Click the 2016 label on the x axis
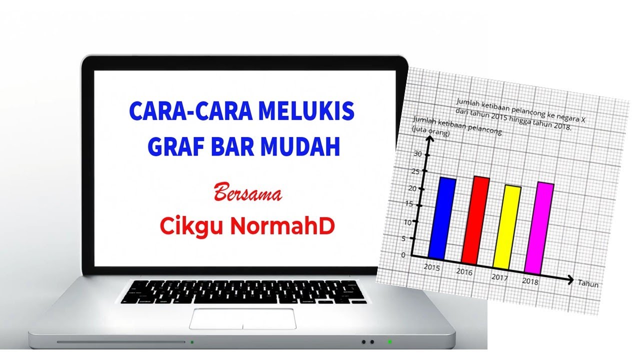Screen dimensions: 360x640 click(x=464, y=272)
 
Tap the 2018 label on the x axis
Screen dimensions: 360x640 click(x=530, y=281)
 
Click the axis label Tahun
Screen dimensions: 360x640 click(x=588, y=284)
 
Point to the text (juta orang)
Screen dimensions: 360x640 click(x=430, y=132)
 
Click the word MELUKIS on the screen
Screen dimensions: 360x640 click(x=305, y=112)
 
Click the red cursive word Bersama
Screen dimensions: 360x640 click(x=247, y=193)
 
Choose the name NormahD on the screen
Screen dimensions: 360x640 click(x=282, y=226)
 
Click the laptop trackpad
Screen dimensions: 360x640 click(x=242, y=319)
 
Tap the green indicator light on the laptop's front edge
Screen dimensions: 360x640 click(x=390, y=342)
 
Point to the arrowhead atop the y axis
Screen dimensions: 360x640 click(x=428, y=138)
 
